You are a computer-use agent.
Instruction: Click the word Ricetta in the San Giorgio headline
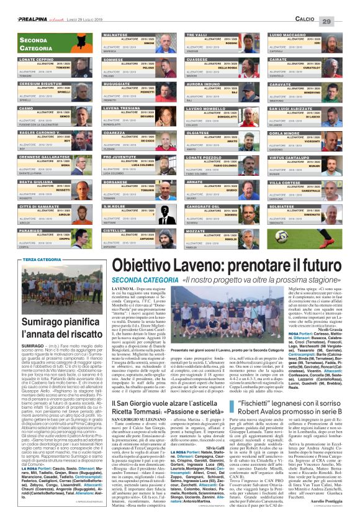[x=132, y=411]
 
